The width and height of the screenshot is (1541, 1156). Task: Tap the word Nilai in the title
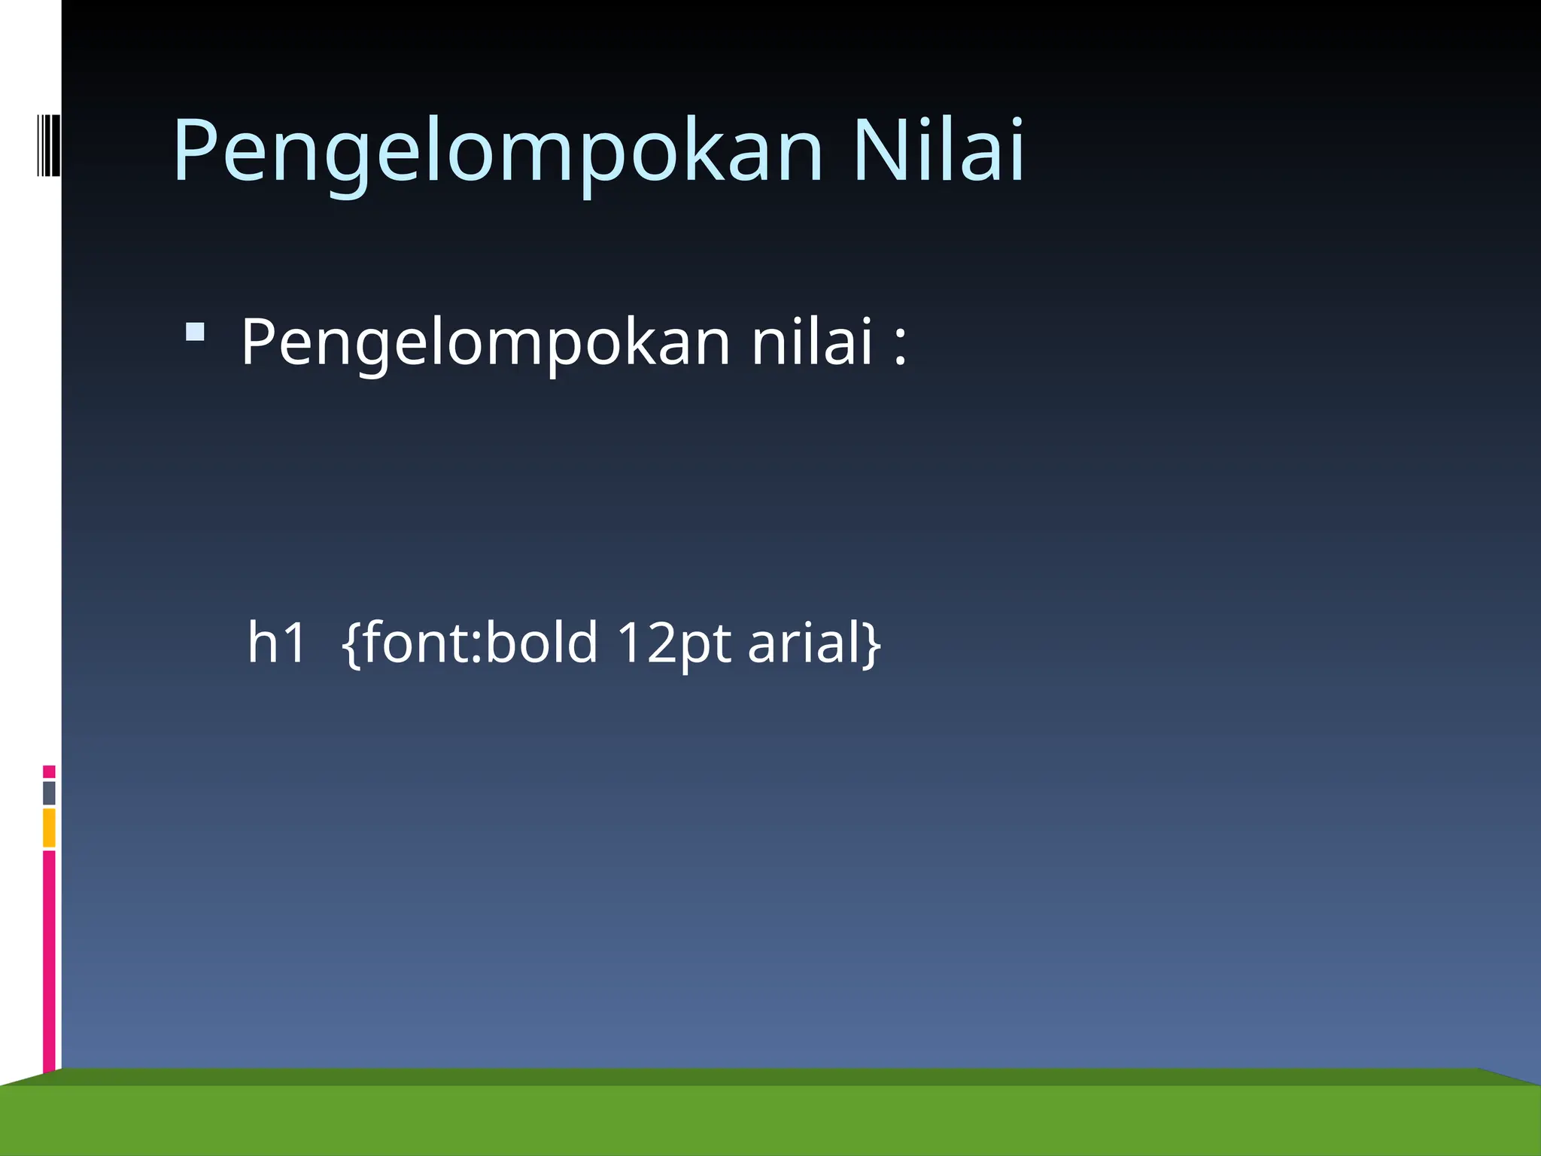pyautogui.click(x=938, y=151)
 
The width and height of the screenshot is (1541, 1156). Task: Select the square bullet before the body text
pyautogui.click(x=195, y=332)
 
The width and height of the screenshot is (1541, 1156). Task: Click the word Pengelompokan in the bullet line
pyautogui.click(x=485, y=343)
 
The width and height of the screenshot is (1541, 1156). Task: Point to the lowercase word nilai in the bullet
pyautogui.click(x=812, y=342)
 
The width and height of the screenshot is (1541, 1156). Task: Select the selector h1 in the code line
pyautogui.click(x=276, y=643)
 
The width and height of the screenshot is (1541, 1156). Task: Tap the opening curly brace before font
pyautogui.click(x=351, y=643)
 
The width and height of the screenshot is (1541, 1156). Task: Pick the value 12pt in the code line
pyautogui.click(x=673, y=644)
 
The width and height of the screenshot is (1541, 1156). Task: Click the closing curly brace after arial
pyautogui.click(x=872, y=643)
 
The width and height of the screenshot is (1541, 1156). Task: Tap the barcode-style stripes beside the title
pyautogui.click(x=48, y=145)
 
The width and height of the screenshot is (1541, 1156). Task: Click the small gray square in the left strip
pyautogui.click(x=49, y=792)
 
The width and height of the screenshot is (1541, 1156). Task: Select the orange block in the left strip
pyautogui.click(x=49, y=827)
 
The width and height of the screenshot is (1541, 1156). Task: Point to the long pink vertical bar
pyautogui.click(x=49, y=960)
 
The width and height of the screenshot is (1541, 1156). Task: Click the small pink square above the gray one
pyautogui.click(x=49, y=771)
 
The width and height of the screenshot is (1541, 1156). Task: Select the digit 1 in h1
pyautogui.click(x=295, y=643)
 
